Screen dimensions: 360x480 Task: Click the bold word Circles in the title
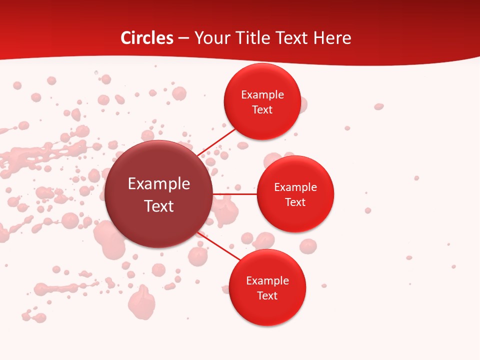(x=146, y=38)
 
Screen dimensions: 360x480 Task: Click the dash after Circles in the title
(x=183, y=38)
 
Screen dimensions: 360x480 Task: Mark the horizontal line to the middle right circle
(x=235, y=194)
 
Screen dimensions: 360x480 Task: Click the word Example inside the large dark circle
(x=159, y=184)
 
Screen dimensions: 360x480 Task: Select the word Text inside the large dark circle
(x=159, y=206)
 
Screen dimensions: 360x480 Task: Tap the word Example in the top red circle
(x=262, y=95)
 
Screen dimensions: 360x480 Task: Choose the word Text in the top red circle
(x=262, y=110)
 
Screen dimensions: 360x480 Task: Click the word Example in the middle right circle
(x=295, y=187)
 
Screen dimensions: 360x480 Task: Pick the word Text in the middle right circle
(x=295, y=202)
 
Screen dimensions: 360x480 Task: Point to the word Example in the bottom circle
(x=267, y=281)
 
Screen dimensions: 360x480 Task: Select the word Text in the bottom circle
(x=267, y=296)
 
